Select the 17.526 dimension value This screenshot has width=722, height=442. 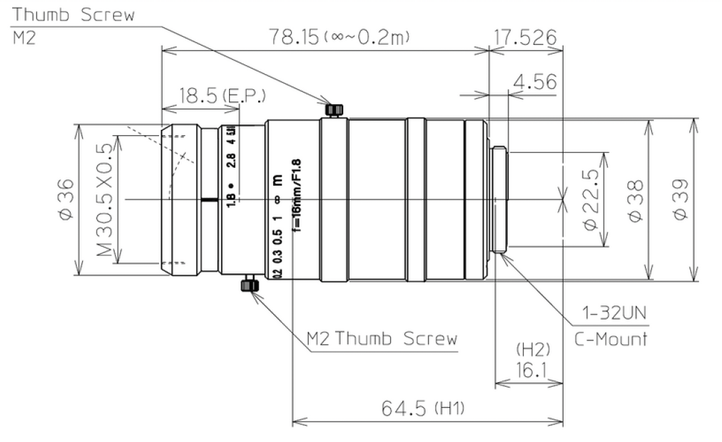[524, 36]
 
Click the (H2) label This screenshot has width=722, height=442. [528, 350]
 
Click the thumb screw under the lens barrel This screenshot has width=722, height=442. [249, 285]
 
